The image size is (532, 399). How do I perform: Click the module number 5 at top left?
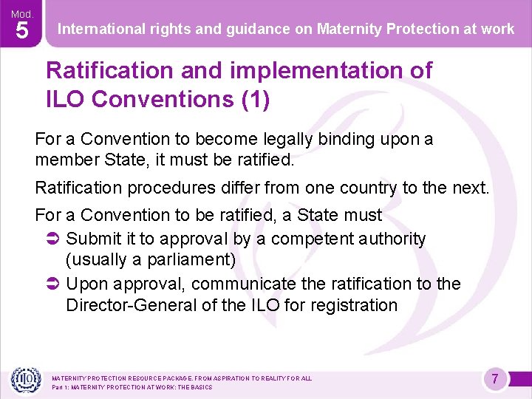[x=22, y=32]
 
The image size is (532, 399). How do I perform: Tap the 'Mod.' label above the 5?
[x=22, y=13]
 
